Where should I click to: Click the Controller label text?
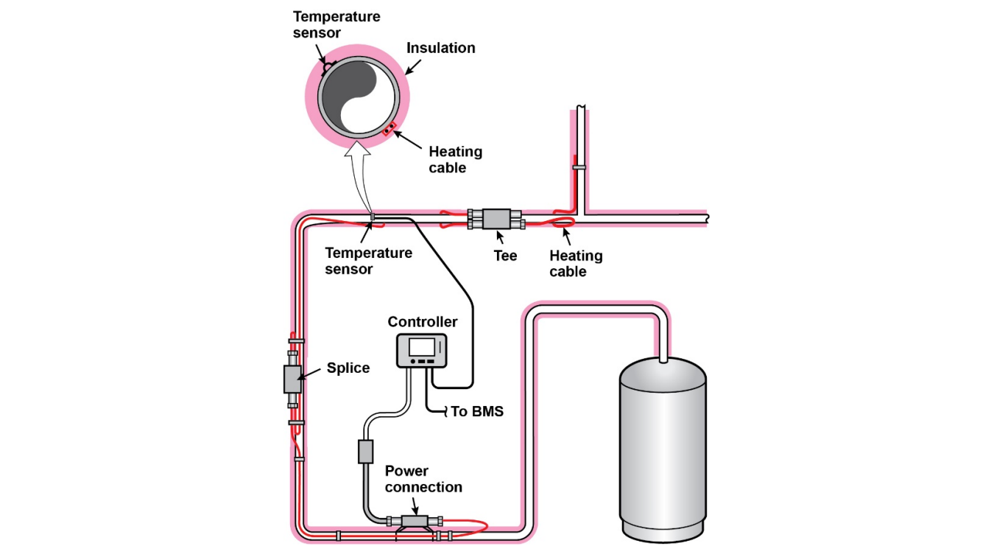click(423, 322)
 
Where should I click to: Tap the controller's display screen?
click(423, 346)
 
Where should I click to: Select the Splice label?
click(348, 368)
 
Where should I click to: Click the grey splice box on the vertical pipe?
click(293, 379)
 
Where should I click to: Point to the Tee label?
click(505, 256)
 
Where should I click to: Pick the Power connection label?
click(423, 479)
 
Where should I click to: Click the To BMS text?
click(477, 412)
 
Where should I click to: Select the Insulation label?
click(441, 48)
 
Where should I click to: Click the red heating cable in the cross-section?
click(388, 130)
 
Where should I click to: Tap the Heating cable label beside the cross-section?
click(456, 160)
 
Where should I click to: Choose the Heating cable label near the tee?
click(576, 264)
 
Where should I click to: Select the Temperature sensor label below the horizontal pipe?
click(369, 261)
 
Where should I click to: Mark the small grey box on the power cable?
click(366, 451)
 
